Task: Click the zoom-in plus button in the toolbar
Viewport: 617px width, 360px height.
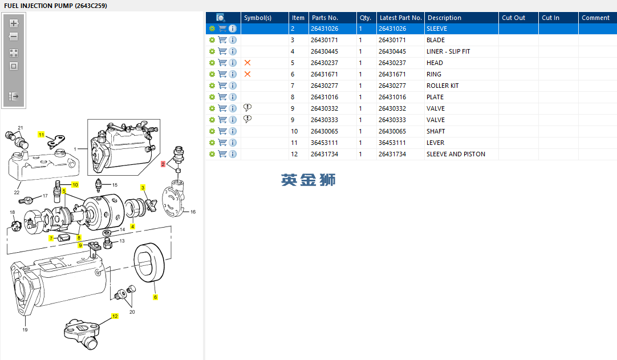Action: click(14, 23)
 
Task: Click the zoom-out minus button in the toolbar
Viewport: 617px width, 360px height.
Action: click(14, 37)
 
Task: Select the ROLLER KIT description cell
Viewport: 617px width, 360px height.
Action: click(443, 86)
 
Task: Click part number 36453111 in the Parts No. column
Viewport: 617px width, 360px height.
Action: click(324, 143)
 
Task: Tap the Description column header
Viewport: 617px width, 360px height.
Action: click(444, 18)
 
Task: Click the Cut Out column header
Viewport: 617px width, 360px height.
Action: click(514, 18)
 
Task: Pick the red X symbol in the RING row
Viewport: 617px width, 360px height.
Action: click(247, 74)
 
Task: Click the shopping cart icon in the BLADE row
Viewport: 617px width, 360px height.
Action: click(222, 40)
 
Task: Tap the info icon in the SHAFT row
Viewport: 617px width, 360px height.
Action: click(233, 131)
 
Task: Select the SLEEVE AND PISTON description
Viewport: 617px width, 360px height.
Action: click(456, 154)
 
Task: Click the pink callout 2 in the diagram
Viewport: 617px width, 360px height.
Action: click(163, 164)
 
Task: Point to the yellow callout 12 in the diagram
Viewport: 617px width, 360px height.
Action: click(115, 316)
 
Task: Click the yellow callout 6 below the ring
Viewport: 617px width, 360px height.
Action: click(156, 297)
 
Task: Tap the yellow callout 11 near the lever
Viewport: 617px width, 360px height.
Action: click(41, 135)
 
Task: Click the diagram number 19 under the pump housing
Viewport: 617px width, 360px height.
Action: click(25, 330)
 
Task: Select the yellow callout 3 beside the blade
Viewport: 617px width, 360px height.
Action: click(143, 188)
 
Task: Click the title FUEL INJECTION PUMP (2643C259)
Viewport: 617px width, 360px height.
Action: click(55, 6)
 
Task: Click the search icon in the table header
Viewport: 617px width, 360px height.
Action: click(220, 18)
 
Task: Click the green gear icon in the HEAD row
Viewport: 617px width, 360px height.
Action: click(212, 63)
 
